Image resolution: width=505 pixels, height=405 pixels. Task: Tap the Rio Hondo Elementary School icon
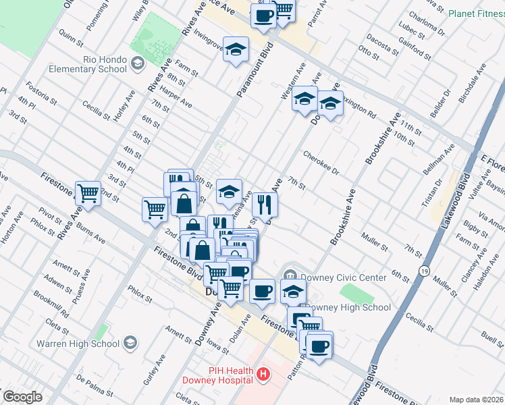click(138, 64)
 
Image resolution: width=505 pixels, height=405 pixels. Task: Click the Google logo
click(22, 397)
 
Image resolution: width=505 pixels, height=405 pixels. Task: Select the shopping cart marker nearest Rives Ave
click(88, 194)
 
